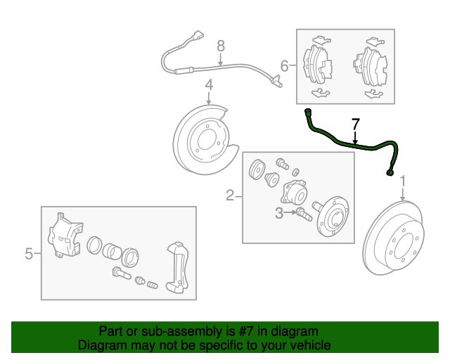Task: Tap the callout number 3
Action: coord(278,212)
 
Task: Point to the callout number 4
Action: coord(209,86)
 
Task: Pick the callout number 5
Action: coord(29,253)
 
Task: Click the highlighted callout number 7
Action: coord(355,124)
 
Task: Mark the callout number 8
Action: coord(220,46)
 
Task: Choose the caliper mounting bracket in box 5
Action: coord(176,266)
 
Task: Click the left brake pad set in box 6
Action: coord(318,65)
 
